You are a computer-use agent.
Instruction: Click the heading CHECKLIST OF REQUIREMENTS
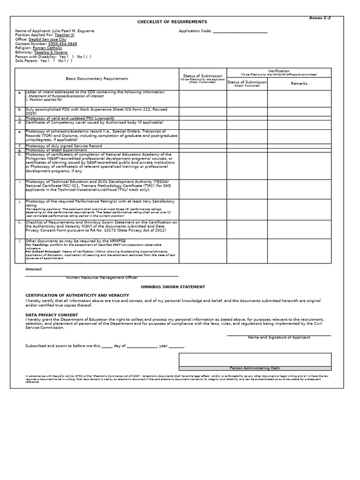point(172,22)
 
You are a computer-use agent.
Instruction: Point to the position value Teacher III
point(64,35)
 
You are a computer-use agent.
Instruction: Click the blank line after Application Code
point(240,31)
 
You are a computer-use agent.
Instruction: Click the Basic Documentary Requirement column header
point(97,79)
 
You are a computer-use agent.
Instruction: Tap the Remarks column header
point(299,83)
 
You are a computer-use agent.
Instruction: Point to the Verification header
point(278,71)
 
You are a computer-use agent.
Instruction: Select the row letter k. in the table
point(20,222)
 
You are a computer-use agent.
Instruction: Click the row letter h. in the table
point(20,154)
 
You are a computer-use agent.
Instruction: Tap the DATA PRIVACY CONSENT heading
point(52,315)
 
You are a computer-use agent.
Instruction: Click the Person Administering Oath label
point(255,368)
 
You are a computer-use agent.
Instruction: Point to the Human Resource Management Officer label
point(102,277)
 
